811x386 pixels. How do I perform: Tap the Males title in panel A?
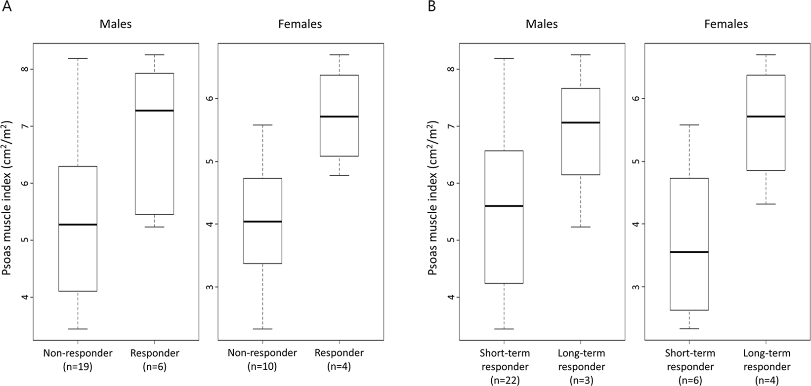click(116, 24)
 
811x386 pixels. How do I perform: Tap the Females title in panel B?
click(726, 24)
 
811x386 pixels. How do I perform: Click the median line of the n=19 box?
click(78, 225)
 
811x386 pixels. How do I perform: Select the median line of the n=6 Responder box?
click(155, 111)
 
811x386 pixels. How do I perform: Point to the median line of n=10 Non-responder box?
click(262, 222)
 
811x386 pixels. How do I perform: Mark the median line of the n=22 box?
click(504, 206)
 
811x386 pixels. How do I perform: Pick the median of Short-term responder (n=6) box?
click(689, 252)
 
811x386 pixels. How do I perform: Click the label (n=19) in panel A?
click(78, 367)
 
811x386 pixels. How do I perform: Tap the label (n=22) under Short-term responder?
click(504, 381)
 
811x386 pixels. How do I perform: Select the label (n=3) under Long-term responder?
click(581, 381)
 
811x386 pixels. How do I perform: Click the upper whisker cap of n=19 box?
click(78, 58)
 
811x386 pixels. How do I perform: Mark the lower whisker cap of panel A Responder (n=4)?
click(339, 175)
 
